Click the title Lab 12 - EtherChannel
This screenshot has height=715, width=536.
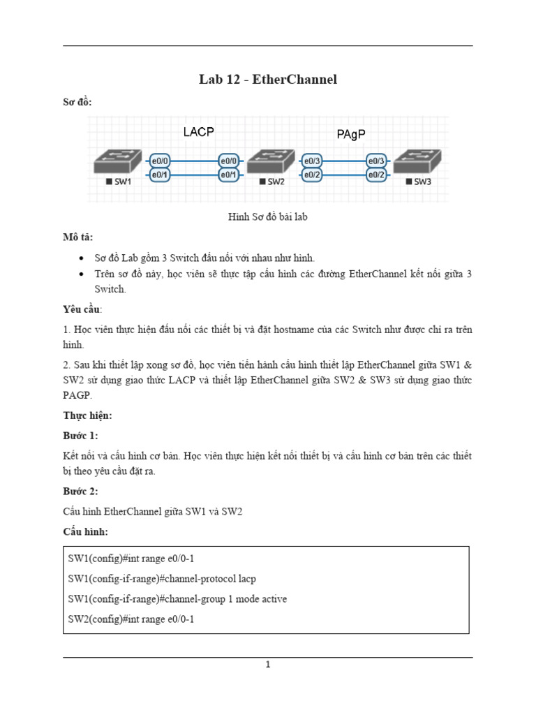(268, 80)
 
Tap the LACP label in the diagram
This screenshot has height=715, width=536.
(198, 131)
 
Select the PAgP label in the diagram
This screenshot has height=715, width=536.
(350, 134)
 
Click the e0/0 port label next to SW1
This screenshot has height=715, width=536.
(158, 160)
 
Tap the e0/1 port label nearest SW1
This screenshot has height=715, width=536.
(158, 175)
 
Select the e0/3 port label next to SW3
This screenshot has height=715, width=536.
(376, 160)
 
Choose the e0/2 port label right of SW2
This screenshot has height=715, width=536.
(311, 175)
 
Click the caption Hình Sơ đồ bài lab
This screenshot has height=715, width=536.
(268, 217)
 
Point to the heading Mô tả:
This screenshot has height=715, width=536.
(77, 237)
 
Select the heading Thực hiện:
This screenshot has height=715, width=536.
(87, 415)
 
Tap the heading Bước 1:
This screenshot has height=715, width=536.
(80, 436)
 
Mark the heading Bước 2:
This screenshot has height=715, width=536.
(80, 491)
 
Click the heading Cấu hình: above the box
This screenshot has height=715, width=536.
(85, 531)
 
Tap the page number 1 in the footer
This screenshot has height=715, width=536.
(268, 665)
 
